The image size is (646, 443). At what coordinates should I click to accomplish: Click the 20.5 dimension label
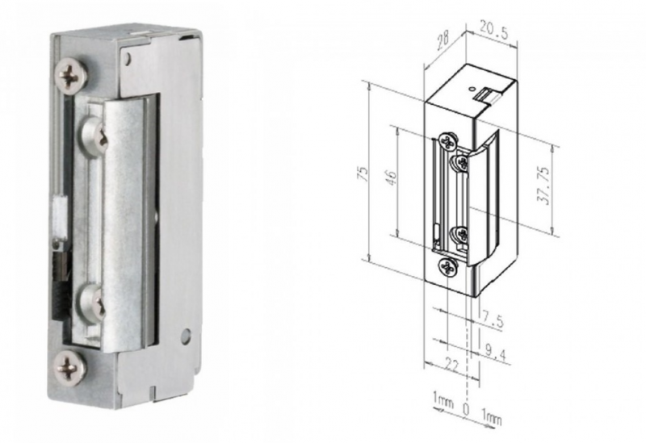click(x=493, y=30)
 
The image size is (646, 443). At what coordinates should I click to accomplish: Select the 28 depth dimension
click(x=443, y=41)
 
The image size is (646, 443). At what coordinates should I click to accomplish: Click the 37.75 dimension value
click(x=544, y=186)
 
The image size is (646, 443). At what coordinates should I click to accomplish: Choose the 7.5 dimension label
click(x=493, y=320)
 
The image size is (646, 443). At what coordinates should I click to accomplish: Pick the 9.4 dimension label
click(x=496, y=353)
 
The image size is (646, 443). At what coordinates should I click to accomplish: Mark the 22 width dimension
click(x=452, y=366)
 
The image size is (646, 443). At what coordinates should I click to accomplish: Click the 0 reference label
click(x=466, y=409)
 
